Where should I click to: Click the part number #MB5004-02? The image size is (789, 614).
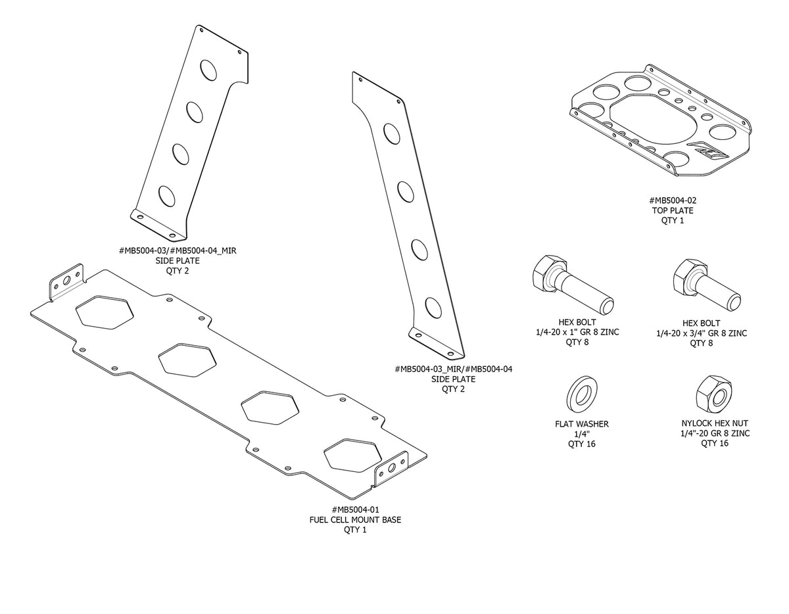673,201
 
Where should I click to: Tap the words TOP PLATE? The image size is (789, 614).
673,211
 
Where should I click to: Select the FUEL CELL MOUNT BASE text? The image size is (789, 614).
355,520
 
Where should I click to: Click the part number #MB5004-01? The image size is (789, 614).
355,510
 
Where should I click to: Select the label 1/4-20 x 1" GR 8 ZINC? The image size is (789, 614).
578,333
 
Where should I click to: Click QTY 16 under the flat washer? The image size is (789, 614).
581,444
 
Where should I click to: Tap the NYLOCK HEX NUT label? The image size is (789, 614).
714,424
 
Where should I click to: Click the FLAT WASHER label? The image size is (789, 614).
581,425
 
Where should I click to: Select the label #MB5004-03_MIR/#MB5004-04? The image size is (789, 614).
454,369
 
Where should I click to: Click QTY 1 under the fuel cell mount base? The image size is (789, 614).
355,530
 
